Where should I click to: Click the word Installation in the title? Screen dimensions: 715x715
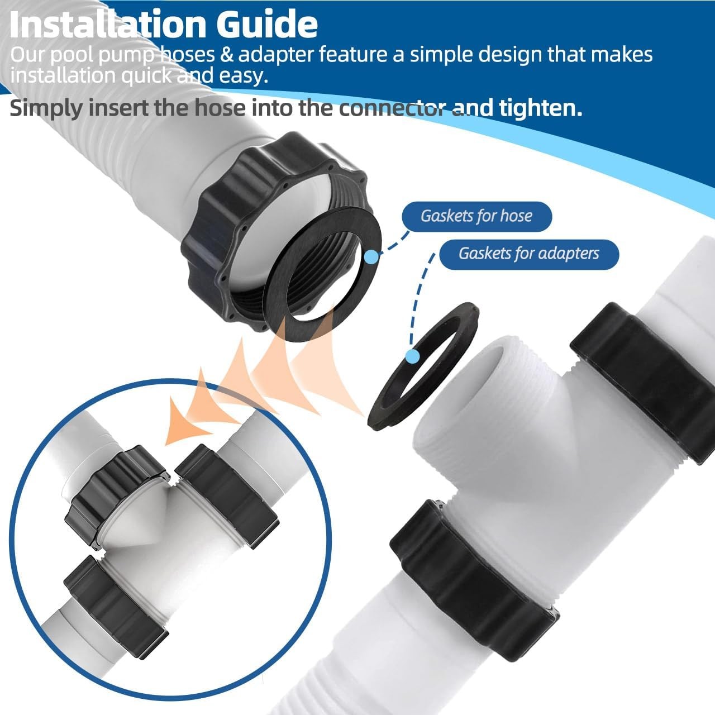click(x=108, y=25)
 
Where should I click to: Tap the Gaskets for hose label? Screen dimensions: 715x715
click(x=476, y=216)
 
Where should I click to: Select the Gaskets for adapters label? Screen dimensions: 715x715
click(x=529, y=254)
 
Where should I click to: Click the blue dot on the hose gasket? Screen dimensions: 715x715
click(x=371, y=256)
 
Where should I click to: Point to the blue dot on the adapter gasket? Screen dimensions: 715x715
click(x=412, y=356)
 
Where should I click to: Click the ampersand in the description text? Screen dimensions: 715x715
click(x=226, y=55)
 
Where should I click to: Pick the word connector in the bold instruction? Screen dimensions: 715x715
click(x=393, y=108)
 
